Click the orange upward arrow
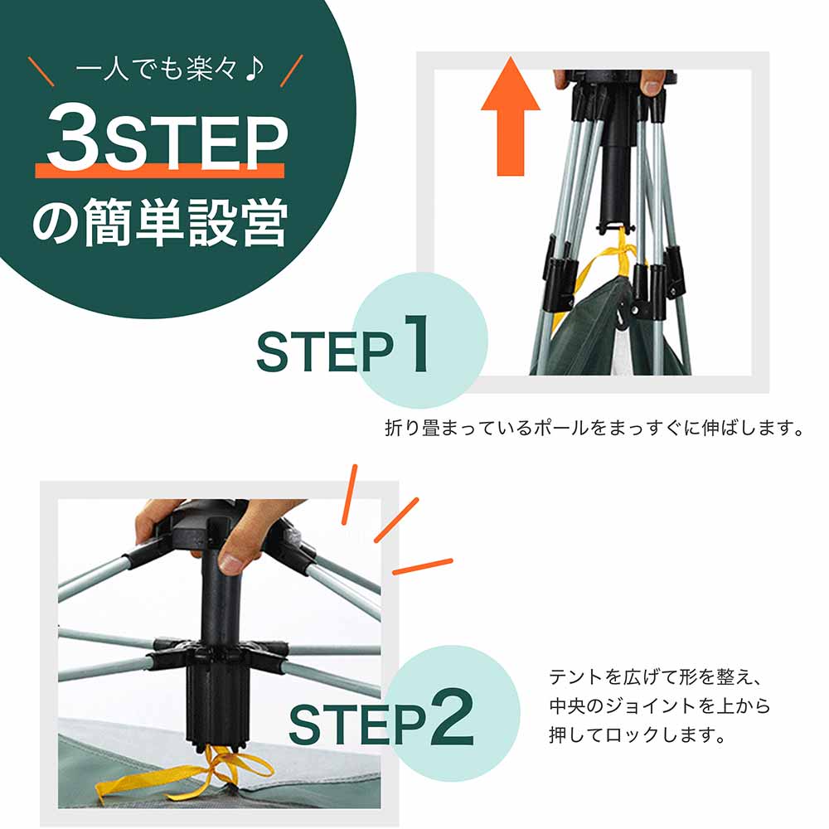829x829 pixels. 510,121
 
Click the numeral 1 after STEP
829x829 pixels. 413,342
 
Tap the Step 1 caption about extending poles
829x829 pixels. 595,429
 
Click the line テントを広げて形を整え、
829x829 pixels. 653,677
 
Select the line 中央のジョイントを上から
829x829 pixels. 659,706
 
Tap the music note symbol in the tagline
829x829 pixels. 254,68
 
